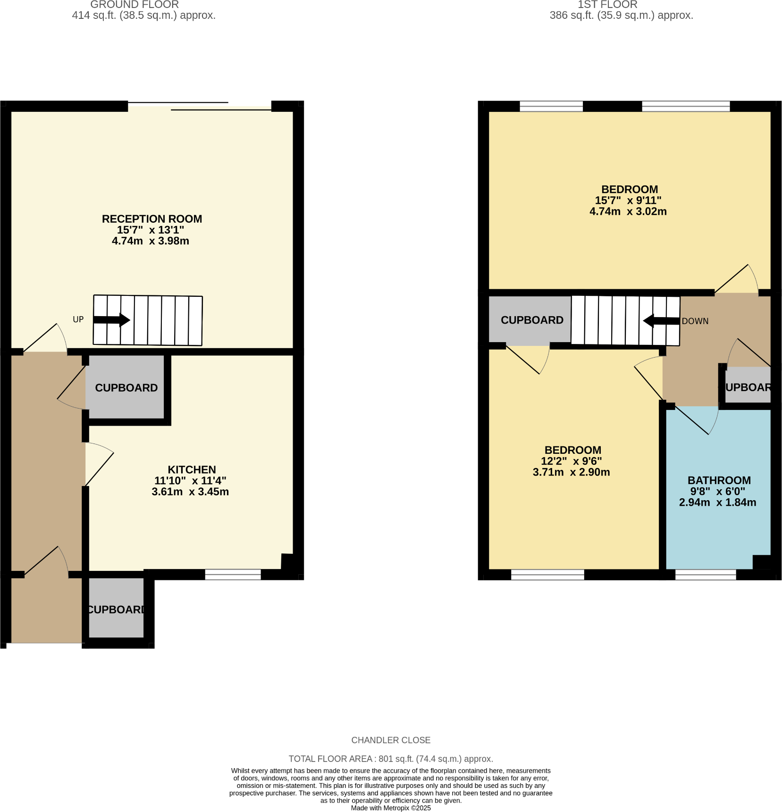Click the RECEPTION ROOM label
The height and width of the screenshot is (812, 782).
[152, 219]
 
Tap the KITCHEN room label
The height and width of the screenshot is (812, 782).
[192, 469]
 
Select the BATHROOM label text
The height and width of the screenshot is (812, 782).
[719, 480]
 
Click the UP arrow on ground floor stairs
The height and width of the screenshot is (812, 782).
[112, 320]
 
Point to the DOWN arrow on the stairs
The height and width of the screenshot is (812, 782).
[661, 321]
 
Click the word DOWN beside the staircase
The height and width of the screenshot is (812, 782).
[695, 321]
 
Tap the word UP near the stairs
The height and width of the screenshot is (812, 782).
[78, 319]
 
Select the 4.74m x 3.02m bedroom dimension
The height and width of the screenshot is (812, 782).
[628, 211]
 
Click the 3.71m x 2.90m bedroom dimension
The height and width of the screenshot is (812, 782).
[571, 472]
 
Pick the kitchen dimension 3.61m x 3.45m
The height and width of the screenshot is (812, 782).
[190, 492]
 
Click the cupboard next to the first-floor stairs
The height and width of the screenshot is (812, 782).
[531, 320]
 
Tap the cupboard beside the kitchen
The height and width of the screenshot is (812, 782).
[126, 388]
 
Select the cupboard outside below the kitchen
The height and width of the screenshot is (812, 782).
[116, 610]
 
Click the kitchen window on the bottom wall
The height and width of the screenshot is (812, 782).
[233, 574]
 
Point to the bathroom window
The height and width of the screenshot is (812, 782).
[705, 574]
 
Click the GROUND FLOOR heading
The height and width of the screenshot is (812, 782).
[135, 5]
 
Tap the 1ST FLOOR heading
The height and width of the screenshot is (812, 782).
[607, 5]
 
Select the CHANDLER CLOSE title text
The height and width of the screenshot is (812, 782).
[391, 740]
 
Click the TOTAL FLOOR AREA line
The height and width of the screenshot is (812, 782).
[391, 759]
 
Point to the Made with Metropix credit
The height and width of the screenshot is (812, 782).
[391, 808]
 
